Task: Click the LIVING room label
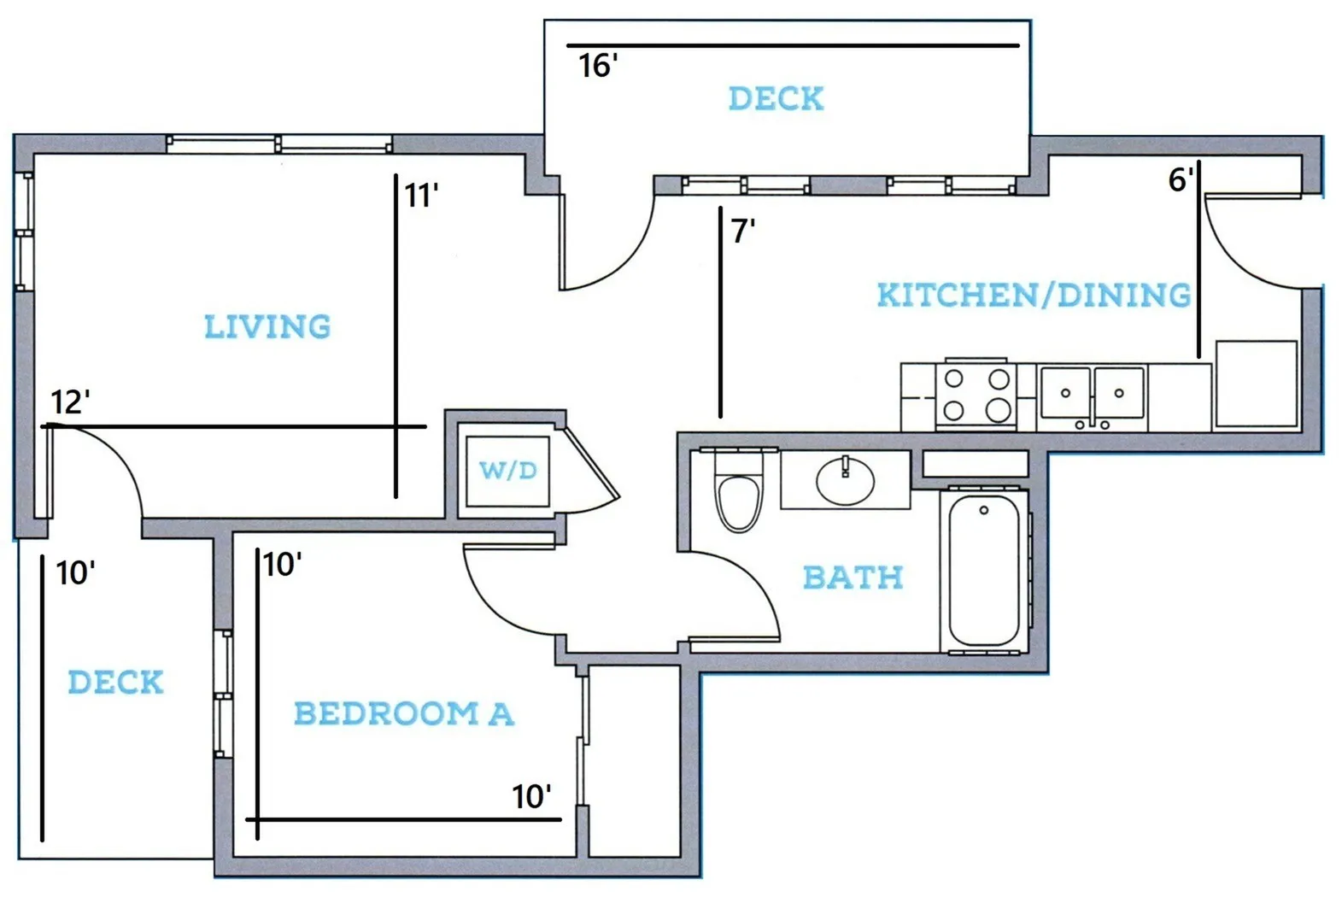pyautogui.click(x=267, y=326)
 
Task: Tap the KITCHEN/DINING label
pyautogui.click(x=1034, y=295)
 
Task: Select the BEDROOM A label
pyautogui.click(x=404, y=713)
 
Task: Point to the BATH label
pyautogui.click(x=853, y=578)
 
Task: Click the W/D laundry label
pyautogui.click(x=508, y=471)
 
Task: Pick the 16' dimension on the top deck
pyautogui.click(x=598, y=66)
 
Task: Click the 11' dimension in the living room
pyautogui.click(x=421, y=196)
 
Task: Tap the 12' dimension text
pyautogui.click(x=70, y=402)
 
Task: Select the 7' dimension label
pyautogui.click(x=742, y=232)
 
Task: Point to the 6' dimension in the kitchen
pyautogui.click(x=1181, y=179)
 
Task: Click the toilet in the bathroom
pyautogui.click(x=739, y=490)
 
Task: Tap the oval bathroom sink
pyautogui.click(x=845, y=481)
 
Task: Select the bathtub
pyautogui.click(x=984, y=570)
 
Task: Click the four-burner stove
pyautogui.click(x=976, y=396)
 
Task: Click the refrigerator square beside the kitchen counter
pyautogui.click(x=1257, y=384)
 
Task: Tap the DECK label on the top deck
pyautogui.click(x=776, y=98)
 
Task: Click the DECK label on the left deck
pyautogui.click(x=115, y=682)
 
